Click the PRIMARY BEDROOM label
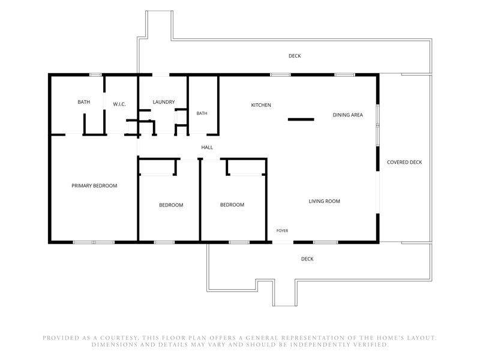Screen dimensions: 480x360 tap(94, 185)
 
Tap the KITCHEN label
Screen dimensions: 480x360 tap(261, 105)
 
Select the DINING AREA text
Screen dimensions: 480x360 tap(348, 115)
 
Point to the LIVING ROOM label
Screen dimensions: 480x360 tap(324, 201)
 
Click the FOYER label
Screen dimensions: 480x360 tap(282, 230)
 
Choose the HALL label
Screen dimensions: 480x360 tap(207, 147)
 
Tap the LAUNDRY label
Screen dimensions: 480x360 tap(164, 102)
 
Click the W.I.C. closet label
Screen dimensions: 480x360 tap(119, 104)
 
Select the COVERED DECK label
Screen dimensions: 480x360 tap(404, 162)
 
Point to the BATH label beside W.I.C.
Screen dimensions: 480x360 tap(84, 102)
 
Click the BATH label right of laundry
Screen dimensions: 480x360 tap(202, 113)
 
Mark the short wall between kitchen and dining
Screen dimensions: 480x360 tap(301, 119)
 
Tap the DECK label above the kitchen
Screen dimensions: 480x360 tap(295, 56)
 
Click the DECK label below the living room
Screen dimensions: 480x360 tap(307, 259)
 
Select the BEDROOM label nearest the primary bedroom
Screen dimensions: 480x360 tap(171, 205)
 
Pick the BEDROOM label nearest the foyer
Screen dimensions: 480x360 tap(232, 205)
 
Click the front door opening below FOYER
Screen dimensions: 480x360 tap(283, 242)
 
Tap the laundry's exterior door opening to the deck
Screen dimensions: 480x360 tap(161, 74)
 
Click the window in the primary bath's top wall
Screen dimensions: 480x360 tap(95, 74)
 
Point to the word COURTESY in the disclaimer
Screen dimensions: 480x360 tap(119, 338)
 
